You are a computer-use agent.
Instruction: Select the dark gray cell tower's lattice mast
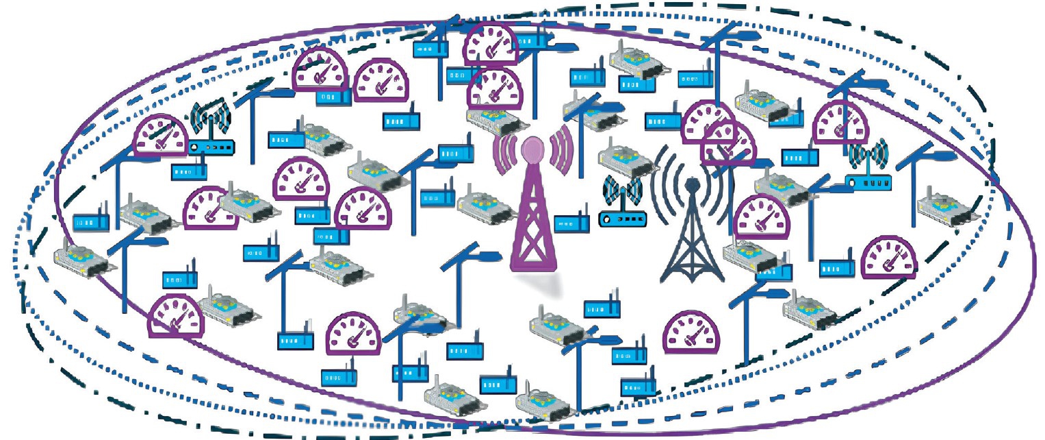[692, 240]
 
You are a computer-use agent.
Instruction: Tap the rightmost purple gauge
[888, 258]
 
